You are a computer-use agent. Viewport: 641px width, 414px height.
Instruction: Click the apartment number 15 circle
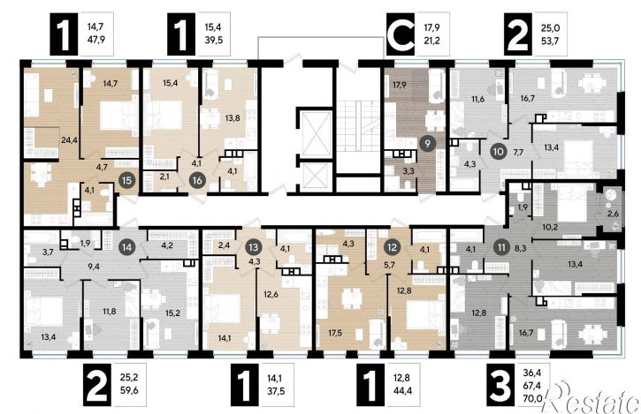pos(127,180)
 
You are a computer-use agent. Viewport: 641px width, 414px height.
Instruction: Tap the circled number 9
pos(427,144)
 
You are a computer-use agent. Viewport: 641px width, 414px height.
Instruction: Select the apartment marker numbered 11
pos(501,247)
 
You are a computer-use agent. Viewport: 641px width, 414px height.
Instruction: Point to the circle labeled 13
pos(254,247)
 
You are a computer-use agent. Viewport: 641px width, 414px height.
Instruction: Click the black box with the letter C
pos(401,34)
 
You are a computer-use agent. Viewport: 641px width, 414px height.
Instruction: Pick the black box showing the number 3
pos(500,385)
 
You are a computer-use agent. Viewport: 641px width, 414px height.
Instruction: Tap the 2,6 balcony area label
pos(613,213)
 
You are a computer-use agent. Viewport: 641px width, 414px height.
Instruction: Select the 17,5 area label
pos(335,333)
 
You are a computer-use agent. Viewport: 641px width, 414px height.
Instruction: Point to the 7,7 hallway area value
pos(518,153)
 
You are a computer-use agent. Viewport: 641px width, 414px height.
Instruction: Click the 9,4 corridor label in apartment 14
pos(94,267)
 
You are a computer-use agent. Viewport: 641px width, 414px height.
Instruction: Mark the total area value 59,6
pos(129,390)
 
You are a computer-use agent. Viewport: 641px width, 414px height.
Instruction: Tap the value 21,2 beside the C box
pos(431,41)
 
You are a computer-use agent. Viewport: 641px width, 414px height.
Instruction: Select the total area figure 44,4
pos(402,391)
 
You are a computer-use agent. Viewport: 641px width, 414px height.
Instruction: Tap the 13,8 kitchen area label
pos(233,118)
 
